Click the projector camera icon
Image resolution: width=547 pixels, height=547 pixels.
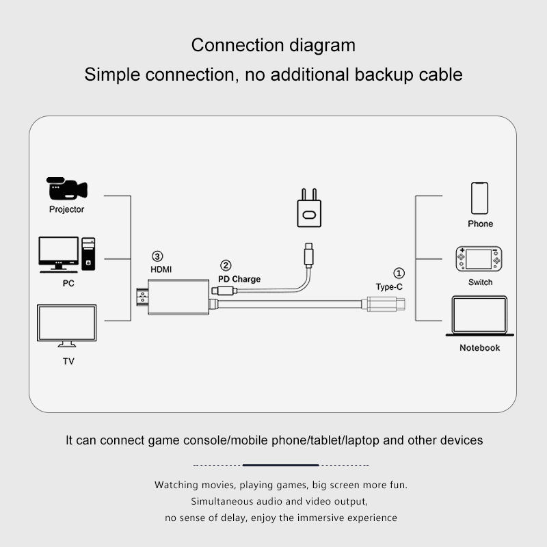(x=66, y=189)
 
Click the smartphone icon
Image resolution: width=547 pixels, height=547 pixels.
(x=480, y=198)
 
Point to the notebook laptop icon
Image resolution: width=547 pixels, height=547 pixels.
(x=479, y=316)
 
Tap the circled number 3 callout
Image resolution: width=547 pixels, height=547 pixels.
(x=158, y=256)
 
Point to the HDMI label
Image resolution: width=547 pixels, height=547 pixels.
(x=161, y=269)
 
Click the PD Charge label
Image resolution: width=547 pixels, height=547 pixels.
(x=239, y=279)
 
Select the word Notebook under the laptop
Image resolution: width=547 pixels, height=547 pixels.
(x=479, y=348)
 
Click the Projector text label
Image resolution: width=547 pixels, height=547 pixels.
(x=66, y=209)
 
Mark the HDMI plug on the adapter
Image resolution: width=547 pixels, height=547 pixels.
(x=142, y=298)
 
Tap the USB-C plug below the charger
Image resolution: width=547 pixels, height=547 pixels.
(x=310, y=254)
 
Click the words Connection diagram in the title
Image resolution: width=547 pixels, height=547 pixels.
(x=273, y=45)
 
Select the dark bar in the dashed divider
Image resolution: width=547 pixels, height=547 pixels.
(x=280, y=465)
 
